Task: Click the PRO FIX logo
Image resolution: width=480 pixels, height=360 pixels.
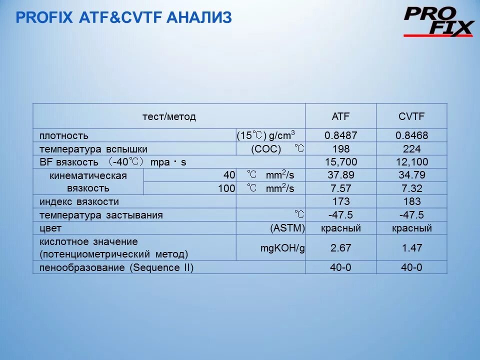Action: tap(438, 21)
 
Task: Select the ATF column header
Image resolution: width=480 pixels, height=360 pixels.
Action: tap(340, 116)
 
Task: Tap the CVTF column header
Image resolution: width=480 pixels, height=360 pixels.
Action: tap(411, 116)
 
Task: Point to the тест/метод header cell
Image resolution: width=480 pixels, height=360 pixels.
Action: tap(169, 116)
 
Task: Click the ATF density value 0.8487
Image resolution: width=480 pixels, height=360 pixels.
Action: tap(340, 135)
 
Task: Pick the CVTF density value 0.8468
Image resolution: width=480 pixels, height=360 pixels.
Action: tap(411, 135)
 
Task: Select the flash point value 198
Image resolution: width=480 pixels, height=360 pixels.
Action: tap(340, 149)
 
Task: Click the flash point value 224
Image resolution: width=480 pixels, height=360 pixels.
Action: tap(411, 149)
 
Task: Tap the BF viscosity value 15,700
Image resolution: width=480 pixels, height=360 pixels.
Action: tap(340, 162)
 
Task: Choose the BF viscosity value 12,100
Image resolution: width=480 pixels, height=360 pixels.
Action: tap(411, 162)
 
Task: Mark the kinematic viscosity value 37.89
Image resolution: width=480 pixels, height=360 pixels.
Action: tap(340, 175)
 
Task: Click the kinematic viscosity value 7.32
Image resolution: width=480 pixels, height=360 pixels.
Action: tap(411, 188)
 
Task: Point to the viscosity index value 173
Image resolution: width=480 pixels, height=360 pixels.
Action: tap(340, 201)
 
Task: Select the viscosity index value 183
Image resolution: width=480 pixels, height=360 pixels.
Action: tap(411, 201)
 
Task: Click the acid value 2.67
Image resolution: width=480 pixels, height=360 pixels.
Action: tap(340, 248)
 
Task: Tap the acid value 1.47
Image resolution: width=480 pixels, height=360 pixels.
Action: tap(411, 248)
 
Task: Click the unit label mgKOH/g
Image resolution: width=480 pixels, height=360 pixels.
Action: tap(282, 248)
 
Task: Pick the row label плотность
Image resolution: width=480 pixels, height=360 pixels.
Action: tap(64, 135)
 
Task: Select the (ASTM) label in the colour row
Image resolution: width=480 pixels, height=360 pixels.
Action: tap(287, 228)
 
